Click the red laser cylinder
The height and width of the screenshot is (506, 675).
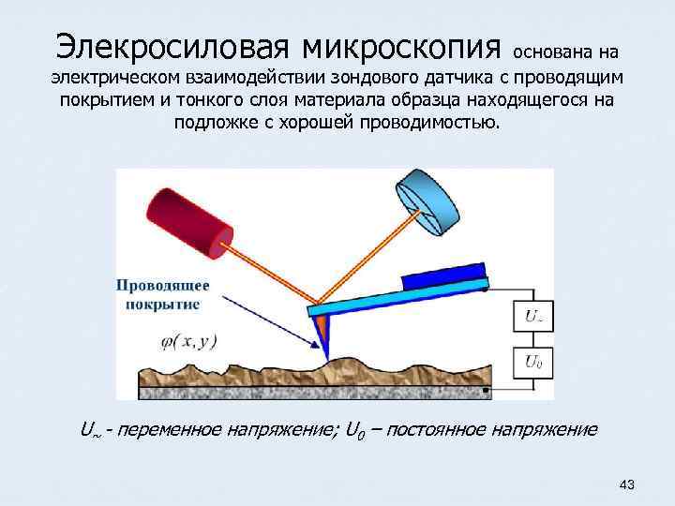tap(188, 218)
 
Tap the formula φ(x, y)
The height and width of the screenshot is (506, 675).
tap(177, 341)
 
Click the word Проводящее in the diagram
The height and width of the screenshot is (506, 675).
tap(163, 287)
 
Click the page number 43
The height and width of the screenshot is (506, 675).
tap(627, 484)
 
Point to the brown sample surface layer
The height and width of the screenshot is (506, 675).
tap(281, 371)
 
